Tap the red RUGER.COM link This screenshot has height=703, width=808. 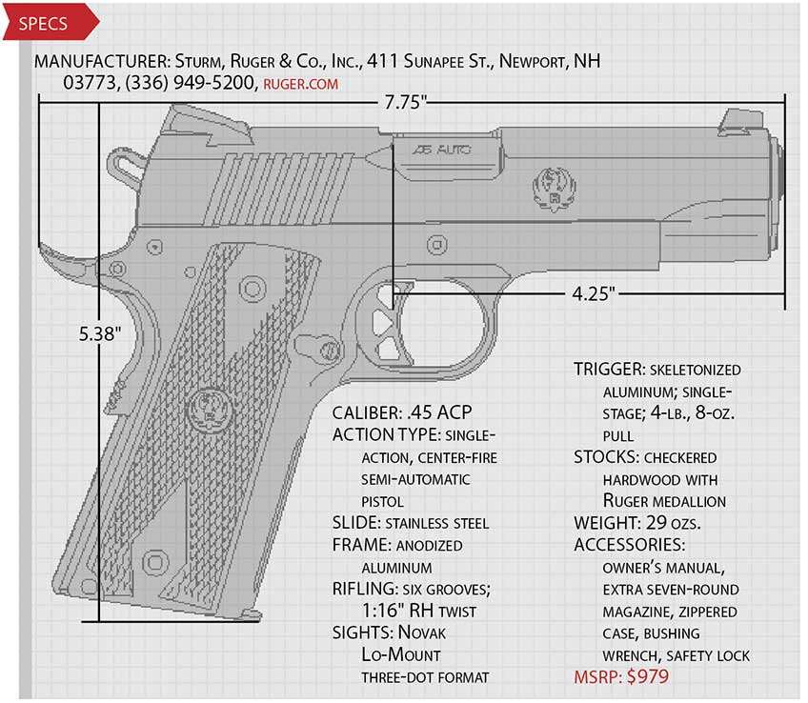pyautogui.click(x=301, y=84)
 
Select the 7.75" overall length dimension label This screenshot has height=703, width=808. pyautogui.click(x=406, y=102)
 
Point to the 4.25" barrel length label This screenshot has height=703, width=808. pyautogui.click(x=594, y=293)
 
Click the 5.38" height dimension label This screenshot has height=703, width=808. pyautogui.click(x=100, y=333)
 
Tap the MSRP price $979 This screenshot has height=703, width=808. pyautogui.click(x=647, y=676)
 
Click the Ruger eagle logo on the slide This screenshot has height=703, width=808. pyautogui.click(x=555, y=189)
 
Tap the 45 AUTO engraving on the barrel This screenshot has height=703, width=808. pyautogui.click(x=441, y=150)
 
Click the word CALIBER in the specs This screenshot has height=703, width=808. pyautogui.click(x=367, y=412)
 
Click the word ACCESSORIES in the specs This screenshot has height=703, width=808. pyautogui.click(x=630, y=545)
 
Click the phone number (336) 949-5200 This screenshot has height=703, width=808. pyautogui.click(x=190, y=83)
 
